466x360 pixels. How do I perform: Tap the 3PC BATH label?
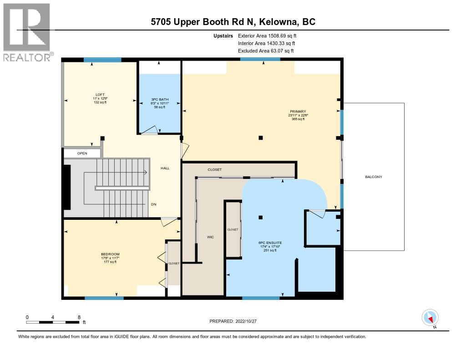159,99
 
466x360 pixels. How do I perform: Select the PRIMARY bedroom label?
298,112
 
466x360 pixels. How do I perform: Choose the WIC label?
210,237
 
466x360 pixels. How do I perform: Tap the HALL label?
165,168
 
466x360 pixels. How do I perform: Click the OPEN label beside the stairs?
82,153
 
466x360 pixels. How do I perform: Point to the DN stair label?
154,204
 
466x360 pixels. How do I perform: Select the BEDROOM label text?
110,254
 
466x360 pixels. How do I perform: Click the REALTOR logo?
27,32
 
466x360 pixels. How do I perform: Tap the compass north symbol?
430,318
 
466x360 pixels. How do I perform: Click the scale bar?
53,322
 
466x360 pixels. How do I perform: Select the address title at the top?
233,22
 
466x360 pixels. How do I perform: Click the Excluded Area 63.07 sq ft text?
266,51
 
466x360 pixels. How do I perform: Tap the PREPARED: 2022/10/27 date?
233,321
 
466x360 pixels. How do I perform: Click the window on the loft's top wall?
102,60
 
